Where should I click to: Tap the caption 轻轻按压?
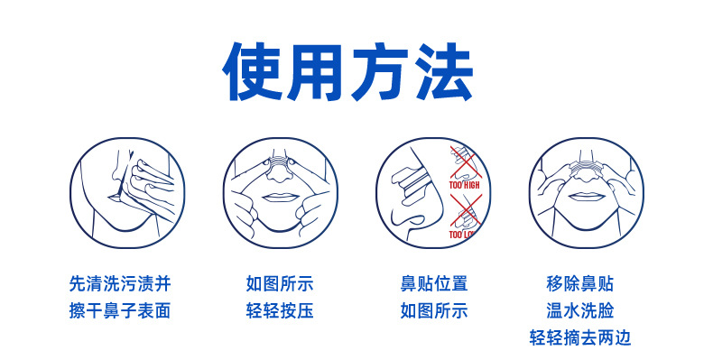[280, 311]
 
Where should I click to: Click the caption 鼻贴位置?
[434, 283]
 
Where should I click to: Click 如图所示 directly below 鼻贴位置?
[434, 311]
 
